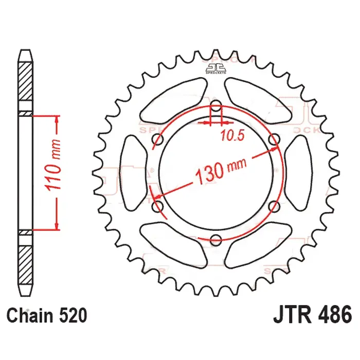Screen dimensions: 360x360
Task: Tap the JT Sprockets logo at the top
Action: coord(217,68)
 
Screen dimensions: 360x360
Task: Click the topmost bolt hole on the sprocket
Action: coord(217,109)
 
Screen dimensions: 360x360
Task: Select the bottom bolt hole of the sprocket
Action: coord(217,239)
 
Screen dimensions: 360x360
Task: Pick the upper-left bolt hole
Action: coord(158,140)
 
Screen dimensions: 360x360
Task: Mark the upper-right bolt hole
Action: coord(274,140)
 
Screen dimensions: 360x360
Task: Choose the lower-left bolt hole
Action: coord(158,207)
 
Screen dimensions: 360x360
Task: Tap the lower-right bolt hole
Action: coord(274,207)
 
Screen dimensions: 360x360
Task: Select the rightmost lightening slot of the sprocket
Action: coord(299,173)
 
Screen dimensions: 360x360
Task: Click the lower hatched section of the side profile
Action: coord(25,262)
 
